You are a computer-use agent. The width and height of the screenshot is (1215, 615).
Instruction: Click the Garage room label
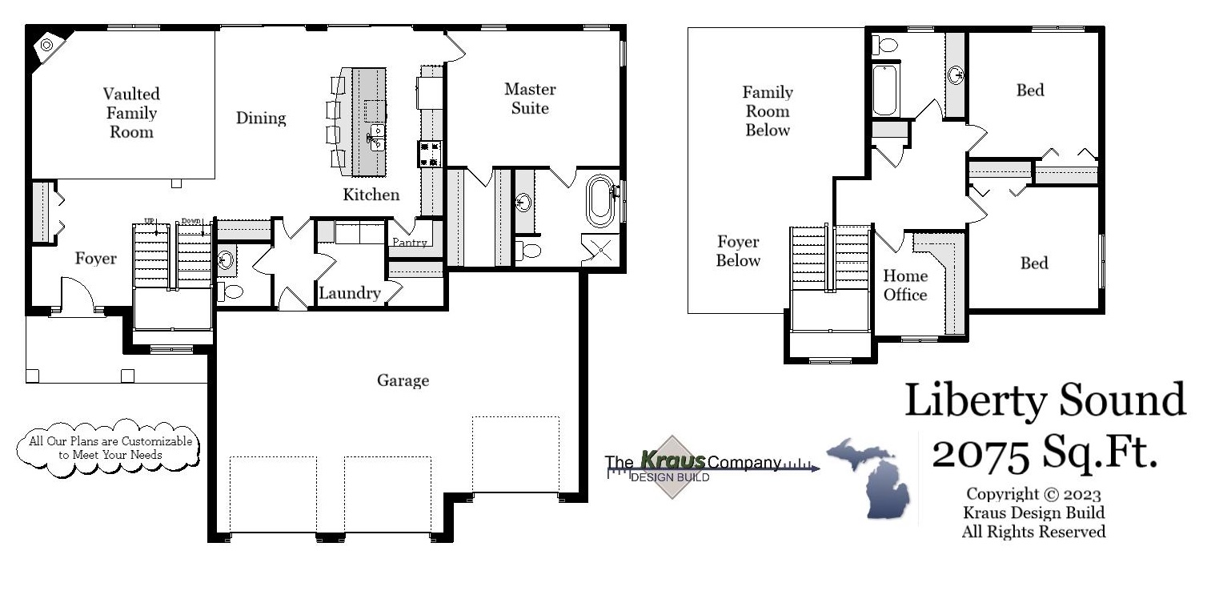tap(403, 380)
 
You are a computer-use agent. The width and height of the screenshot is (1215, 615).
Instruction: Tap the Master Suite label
tap(530, 98)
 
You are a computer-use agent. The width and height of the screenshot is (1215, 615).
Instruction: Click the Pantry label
tap(410, 242)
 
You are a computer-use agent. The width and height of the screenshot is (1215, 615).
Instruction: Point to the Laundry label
tap(350, 293)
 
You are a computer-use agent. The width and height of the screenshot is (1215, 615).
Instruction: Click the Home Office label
tap(905, 285)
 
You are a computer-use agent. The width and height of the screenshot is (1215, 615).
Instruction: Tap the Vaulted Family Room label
tap(131, 113)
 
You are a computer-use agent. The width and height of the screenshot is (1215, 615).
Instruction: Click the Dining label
tap(261, 119)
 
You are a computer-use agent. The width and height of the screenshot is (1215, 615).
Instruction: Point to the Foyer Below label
tap(738, 251)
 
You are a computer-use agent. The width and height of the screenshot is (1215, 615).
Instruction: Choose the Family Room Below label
tap(768, 111)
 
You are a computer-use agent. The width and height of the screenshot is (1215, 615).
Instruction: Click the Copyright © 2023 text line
tap(1033, 494)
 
